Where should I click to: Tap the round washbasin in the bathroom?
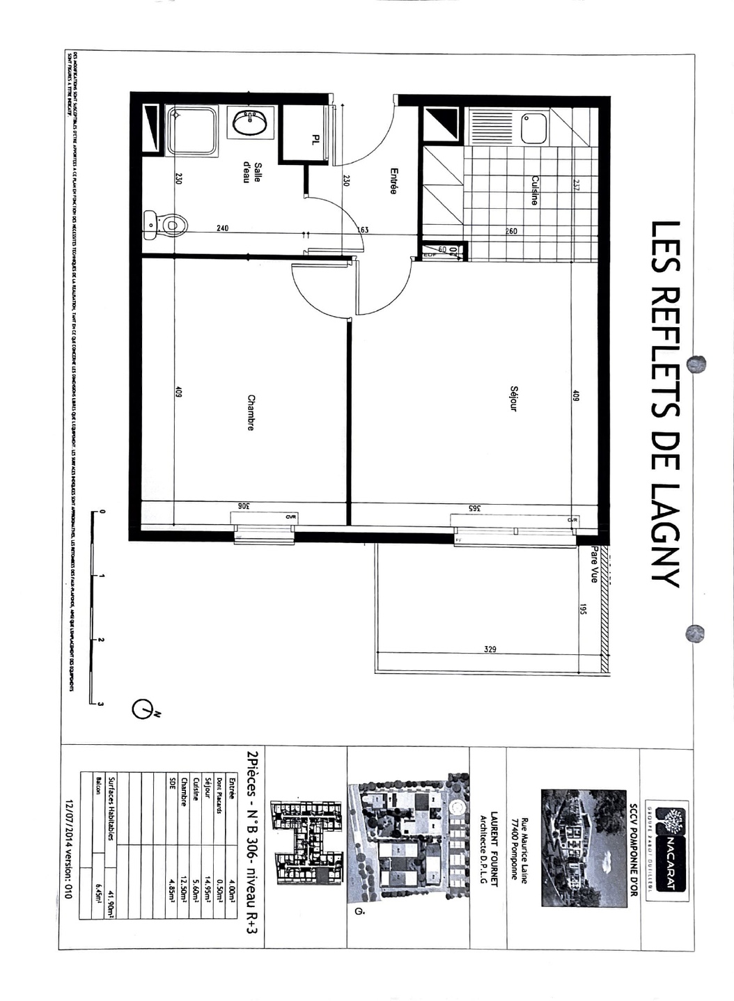coord(249,124)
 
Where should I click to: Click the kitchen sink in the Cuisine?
coord(533,128)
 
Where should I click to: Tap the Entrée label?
coord(393,181)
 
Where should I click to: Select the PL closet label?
coord(315,140)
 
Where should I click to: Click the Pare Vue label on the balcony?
coord(593,564)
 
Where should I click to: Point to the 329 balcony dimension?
coord(490,649)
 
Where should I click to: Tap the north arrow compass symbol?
coord(144,710)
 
